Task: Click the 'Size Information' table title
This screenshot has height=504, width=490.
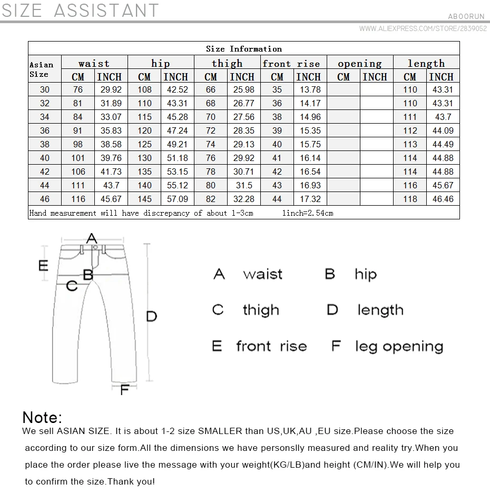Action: [243, 49]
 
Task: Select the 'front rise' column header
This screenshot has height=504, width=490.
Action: [291, 64]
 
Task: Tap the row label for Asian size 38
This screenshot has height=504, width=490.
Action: [45, 144]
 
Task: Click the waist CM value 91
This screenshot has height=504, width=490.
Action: [78, 130]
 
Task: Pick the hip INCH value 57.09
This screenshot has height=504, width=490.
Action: [177, 199]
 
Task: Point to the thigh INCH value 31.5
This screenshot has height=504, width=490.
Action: [243, 185]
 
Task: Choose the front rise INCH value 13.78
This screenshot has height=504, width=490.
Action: [310, 89]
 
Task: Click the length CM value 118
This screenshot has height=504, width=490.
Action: [410, 199]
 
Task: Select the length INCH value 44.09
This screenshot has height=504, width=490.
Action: [443, 130]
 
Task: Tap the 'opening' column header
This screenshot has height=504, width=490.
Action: [359, 64]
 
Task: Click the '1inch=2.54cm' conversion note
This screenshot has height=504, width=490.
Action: [308, 213]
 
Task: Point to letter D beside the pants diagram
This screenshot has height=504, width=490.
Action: [151, 316]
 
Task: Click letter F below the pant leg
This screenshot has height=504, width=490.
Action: [125, 390]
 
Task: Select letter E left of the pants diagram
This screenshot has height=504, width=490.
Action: [43, 265]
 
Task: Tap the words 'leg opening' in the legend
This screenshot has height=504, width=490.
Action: [399, 346]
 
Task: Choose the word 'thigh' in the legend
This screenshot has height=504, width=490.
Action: [260, 310]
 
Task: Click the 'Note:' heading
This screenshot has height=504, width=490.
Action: [42, 417]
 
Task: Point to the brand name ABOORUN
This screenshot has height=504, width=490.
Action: [466, 16]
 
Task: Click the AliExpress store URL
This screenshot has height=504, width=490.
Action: [423, 29]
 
